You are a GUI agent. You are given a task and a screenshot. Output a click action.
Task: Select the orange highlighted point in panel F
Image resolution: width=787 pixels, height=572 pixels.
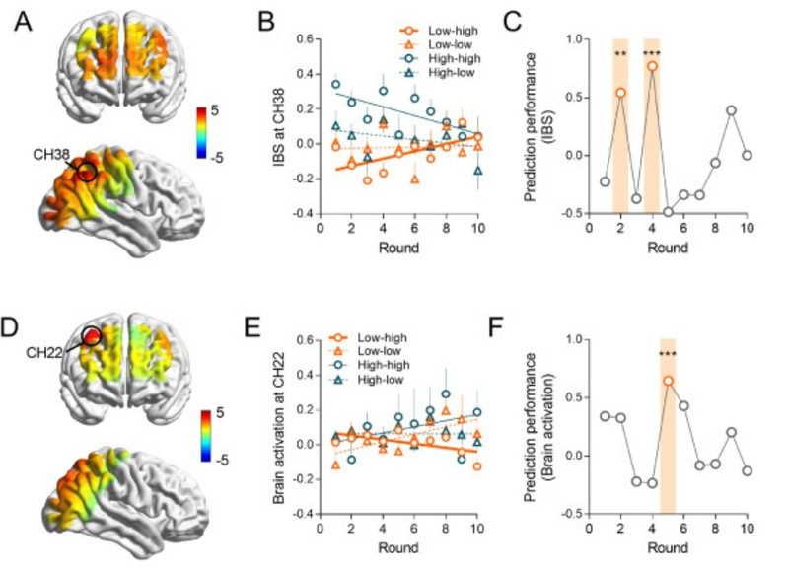[x=668, y=380]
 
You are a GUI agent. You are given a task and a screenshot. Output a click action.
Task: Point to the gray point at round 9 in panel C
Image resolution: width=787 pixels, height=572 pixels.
[x=732, y=109]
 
